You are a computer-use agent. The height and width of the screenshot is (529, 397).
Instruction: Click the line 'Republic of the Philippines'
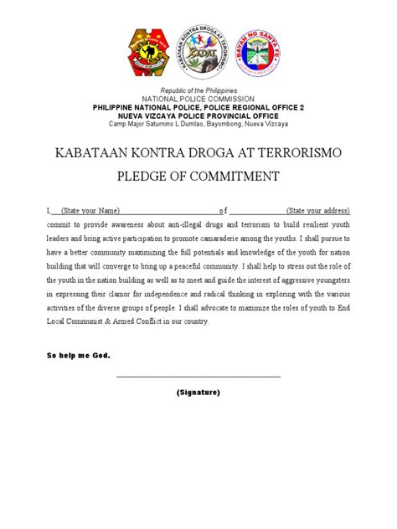(x=198, y=90)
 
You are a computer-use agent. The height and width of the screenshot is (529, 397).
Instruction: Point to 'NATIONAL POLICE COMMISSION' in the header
(x=198, y=99)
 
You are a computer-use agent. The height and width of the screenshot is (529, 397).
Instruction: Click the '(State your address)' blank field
(x=317, y=210)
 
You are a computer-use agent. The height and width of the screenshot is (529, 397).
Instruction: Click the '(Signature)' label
(x=198, y=392)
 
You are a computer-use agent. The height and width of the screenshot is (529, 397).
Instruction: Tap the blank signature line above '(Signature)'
(x=198, y=376)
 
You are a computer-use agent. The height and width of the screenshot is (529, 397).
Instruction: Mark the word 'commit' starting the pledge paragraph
(x=59, y=225)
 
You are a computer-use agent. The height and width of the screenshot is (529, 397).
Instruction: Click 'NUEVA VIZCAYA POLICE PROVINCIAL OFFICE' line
(x=198, y=116)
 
